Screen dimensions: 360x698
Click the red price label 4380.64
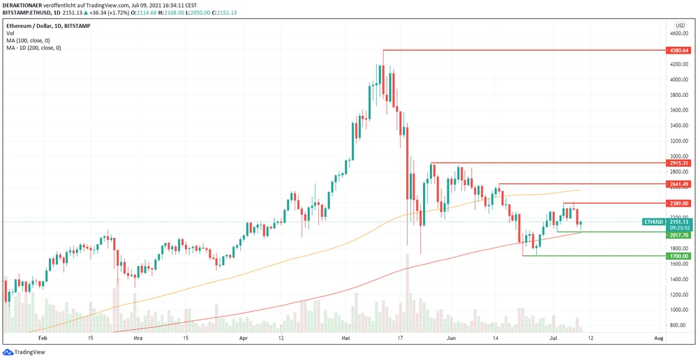click(x=678, y=51)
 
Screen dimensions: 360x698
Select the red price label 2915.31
click(x=678, y=163)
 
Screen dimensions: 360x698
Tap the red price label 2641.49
click(x=678, y=184)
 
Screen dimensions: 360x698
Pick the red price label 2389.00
click(x=678, y=203)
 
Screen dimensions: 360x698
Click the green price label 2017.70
click(x=678, y=235)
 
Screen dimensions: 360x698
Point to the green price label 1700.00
click(x=678, y=256)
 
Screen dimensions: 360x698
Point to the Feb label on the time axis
click(x=43, y=338)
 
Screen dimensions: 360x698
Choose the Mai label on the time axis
click(x=346, y=338)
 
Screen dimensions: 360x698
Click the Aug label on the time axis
click(x=658, y=338)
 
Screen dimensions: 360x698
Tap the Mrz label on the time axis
click(x=138, y=338)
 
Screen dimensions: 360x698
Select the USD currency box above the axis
click(x=679, y=25)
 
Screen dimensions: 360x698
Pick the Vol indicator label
click(x=10, y=33)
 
